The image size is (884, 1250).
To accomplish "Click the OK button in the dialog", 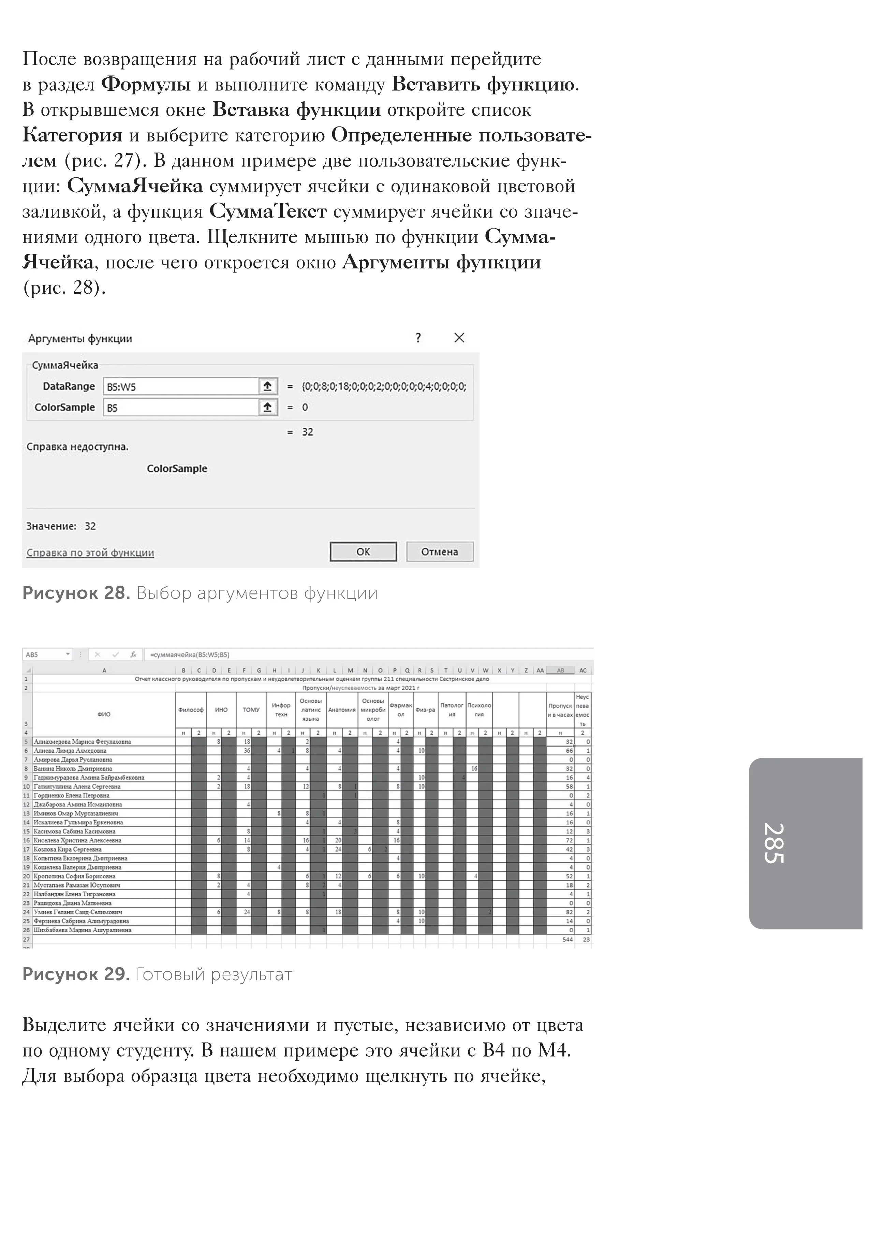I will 363,552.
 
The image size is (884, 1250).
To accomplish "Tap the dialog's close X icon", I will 459,338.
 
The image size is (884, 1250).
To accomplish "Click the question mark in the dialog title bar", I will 418,338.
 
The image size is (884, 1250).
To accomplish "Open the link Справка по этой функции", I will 90,553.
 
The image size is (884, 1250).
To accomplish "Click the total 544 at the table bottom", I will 567,939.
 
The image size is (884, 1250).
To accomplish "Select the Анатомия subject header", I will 341,710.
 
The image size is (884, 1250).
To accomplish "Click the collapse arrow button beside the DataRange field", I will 267,386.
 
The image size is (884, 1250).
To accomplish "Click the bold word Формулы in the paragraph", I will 146,84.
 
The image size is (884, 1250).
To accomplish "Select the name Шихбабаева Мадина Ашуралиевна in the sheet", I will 82,930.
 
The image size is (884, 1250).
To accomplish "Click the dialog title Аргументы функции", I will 80,339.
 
